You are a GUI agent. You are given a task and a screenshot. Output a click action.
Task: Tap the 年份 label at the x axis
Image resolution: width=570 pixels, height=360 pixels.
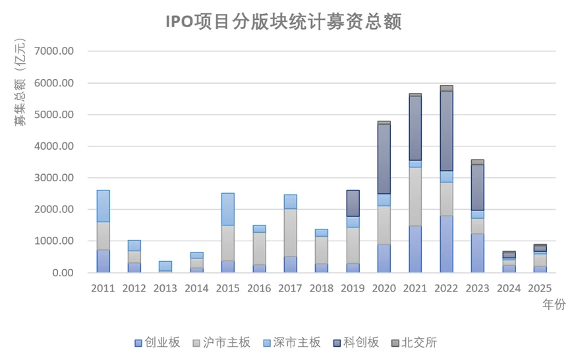pos(552,304)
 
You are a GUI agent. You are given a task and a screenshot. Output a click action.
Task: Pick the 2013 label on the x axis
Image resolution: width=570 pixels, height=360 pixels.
pos(165,289)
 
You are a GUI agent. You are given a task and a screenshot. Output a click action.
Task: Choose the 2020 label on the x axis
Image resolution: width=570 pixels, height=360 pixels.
pos(384,289)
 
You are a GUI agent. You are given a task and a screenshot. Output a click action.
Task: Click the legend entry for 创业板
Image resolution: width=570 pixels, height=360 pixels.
pos(157,342)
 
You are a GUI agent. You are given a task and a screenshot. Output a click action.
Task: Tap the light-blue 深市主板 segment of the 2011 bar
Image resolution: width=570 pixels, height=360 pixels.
pos(103,206)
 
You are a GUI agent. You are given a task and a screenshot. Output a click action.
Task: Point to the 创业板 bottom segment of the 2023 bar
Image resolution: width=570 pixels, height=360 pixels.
pos(477,253)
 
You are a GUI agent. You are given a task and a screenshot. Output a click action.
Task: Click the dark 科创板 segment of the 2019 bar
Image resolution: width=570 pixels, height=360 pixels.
pos(353,203)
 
